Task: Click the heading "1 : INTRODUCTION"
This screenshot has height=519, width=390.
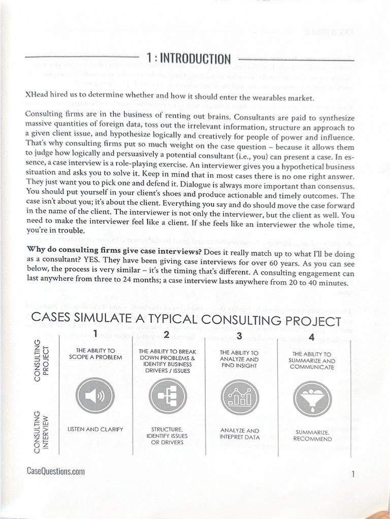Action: click(188, 59)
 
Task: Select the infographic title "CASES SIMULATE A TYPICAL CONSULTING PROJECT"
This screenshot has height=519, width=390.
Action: click(186, 320)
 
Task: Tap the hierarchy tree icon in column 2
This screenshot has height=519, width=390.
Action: click(167, 396)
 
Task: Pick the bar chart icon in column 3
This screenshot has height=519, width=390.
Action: click(240, 397)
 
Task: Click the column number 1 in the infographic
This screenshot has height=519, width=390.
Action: click(94, 333)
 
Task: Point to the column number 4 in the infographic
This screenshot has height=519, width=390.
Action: click(311, 337)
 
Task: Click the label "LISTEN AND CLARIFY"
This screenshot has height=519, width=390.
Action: click(95, 429)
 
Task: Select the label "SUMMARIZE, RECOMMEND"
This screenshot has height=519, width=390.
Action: click(312, 436)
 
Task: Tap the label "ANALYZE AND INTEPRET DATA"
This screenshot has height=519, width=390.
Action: click(240, 433)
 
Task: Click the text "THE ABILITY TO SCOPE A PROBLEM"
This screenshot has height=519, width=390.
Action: click(95, 354)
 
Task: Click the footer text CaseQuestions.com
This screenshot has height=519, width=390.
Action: click(55, 471)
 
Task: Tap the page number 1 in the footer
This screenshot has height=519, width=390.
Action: click(352, 474)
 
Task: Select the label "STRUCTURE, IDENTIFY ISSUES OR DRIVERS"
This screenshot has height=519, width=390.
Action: click(167, 436)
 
